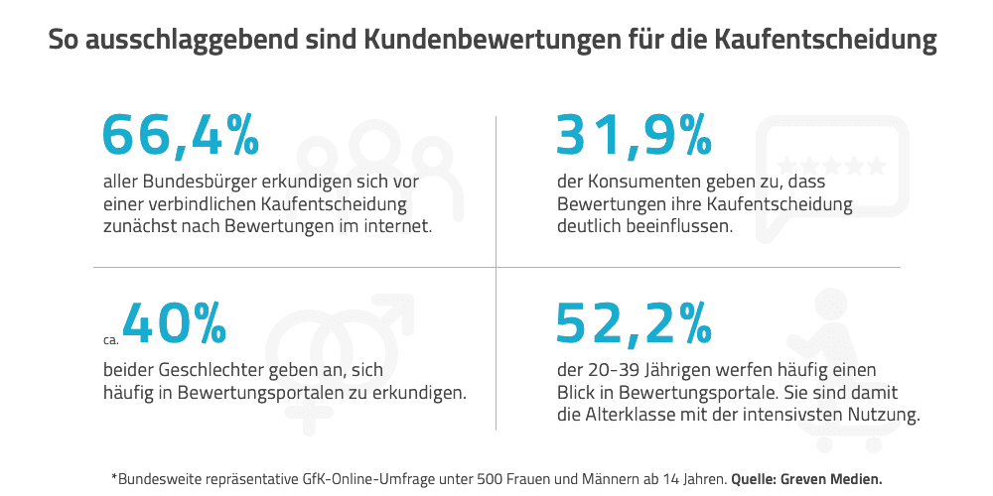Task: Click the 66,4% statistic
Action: (181, 135)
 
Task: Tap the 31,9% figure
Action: (634, 135)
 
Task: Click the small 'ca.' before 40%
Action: (110, 338)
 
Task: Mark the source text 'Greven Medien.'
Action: (832, 478)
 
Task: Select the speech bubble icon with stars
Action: (832, 169)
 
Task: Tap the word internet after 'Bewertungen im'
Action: (398, 225)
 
